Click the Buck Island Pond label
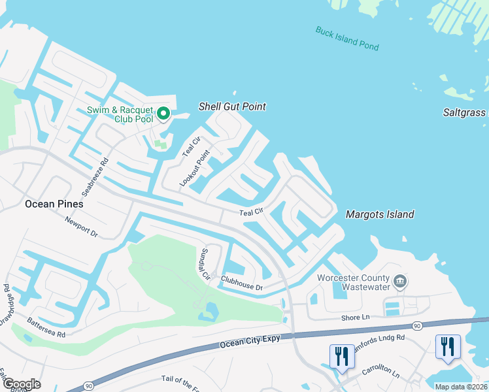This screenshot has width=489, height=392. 346,39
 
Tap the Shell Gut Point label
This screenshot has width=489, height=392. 232,106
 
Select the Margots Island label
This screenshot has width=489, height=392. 379,214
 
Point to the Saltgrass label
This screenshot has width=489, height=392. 465,112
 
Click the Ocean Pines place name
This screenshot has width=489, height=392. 54,204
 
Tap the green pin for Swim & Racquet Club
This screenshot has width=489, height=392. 163,114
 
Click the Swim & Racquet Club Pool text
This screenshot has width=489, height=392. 120,114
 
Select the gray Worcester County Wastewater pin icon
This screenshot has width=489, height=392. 401,282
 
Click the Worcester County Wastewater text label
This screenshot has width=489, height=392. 362,282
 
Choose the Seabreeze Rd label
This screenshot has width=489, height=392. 93,176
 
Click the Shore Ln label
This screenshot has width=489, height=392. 355,318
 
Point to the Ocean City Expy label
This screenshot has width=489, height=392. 250,341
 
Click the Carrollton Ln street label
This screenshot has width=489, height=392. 380,372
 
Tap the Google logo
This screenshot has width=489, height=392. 21,384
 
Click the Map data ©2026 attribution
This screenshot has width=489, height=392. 461,387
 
